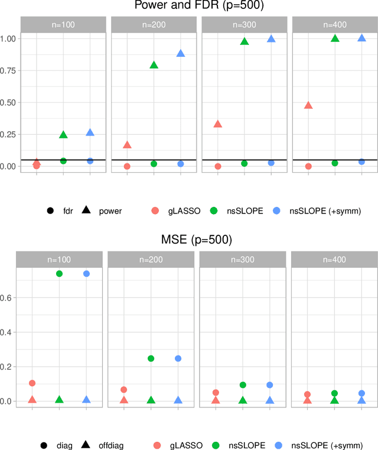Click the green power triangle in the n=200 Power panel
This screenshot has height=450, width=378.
coord(154,64)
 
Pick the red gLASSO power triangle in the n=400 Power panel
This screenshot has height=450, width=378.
coord(308,105)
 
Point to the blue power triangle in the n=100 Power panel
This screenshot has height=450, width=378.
coord(90,132)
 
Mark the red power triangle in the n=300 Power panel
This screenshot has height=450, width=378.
coord(217,124)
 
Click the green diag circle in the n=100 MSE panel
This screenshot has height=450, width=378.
coord(59,273)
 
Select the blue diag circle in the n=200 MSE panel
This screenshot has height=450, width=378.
coord(178,358)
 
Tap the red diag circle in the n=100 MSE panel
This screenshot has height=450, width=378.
coord(32,383)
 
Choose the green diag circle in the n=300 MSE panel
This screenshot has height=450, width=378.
coord(243,385)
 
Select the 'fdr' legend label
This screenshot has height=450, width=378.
coord(69,211)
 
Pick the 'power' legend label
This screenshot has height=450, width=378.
coord(110,211)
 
